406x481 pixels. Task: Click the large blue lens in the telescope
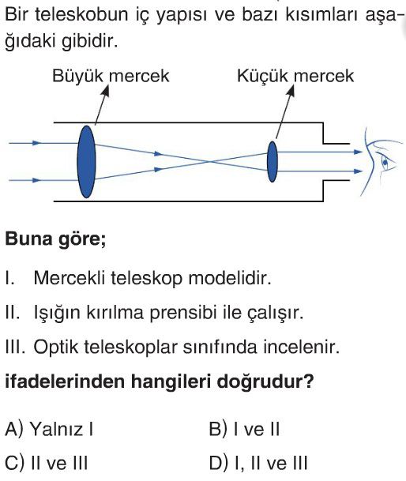pyautogui.click(x=86, y=162)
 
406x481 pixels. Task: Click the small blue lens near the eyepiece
pyautogui.click(x=273, y=162)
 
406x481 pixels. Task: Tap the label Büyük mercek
pyautogui.click(x=111, y=76)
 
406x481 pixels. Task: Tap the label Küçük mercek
pyautogui.click(x=295, y=76)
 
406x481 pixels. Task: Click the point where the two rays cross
pyautogui.click(x=209, y=162)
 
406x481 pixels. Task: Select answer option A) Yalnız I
pyautogui.click(x=49, y=429)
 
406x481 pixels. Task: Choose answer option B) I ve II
pyautogui.click(x=244, y=429)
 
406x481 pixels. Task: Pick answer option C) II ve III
pyautogui.click(x=47, y=463)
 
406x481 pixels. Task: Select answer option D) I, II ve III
pyautogui.click(x=258, y=463)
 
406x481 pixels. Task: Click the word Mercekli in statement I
pyautogui.click(x=70, y=278)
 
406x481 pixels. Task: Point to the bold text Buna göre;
pyautogui.click(x=56, y=239)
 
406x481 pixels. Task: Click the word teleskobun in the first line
pyautogui.click(x=81, y=14)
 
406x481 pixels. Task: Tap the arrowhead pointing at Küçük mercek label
pyautogui.click(x=291, y=89)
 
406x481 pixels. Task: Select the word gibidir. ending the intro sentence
pyautogui.click(x=90, y=41)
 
